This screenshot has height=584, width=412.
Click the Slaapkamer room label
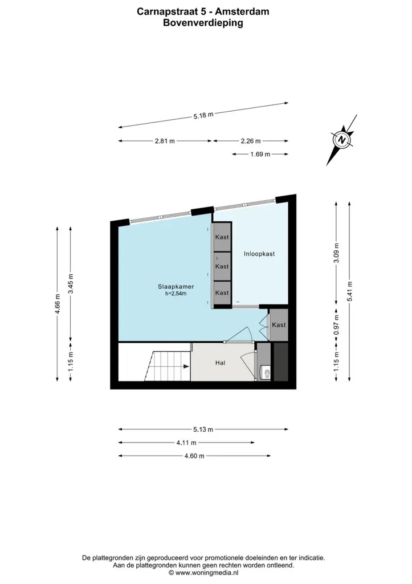pos(176,287)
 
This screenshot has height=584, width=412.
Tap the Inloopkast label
pos(259,254)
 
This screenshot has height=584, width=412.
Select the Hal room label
pos(221,362)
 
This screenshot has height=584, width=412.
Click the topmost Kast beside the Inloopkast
pos(222,237)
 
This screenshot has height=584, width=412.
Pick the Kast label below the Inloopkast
pos(279,325)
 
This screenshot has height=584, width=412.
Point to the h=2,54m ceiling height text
pos(176,294)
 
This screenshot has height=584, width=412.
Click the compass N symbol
pos(342,140)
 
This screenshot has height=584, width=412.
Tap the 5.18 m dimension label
pos(203,115)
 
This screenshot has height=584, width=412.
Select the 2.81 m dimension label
pos(165,141)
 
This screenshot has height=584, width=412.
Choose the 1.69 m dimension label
pos(260,154)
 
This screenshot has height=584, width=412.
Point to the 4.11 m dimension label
pos(186,443)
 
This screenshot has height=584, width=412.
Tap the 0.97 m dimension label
pos(336,325)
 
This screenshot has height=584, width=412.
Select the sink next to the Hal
pos(266,372)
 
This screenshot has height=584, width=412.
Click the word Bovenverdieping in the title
pos(203,23)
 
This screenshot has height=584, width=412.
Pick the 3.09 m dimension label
pos(336,253)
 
